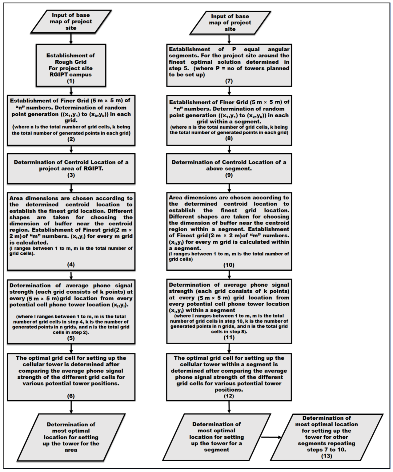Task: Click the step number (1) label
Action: [x=71, y=81]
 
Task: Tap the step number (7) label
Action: [x=229, y=81]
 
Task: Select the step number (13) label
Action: [x=327, y=456]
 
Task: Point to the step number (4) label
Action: [x=71, y=264]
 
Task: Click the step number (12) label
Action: [x=229, y=396]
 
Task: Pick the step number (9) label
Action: [x=229, y=175]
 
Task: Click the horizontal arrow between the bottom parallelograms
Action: [x=271, y=437]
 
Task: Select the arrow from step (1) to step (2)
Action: [x=71, y=91]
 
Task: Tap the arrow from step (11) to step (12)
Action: [x=229, y=348]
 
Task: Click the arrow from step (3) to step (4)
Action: [x=71, y=188]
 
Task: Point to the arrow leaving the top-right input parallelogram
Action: [x=229, y=39]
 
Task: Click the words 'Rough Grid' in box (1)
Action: [x=71, y=62]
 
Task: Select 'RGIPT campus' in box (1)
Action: [x=71, y=75]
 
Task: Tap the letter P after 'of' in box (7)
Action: [x=234, y=49]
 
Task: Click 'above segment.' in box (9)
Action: [x=229, y=169]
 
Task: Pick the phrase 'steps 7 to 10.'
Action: [x=327, y=450]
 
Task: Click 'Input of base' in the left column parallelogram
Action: [x=71, y=15]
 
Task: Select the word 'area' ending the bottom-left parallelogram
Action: [x=71, y=450]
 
